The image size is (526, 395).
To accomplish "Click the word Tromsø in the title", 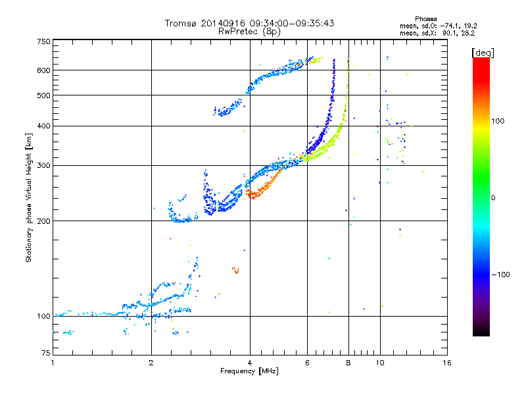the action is point(181,23).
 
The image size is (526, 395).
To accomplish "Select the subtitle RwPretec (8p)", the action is point(249,32).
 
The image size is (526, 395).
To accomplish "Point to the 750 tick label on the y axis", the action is point(44,41).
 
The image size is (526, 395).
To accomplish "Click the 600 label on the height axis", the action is point(44,70).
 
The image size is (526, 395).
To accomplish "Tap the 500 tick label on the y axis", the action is point(44,95).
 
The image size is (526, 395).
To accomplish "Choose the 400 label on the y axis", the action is point(44,126).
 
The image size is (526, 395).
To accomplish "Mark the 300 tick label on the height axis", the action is point(44,166).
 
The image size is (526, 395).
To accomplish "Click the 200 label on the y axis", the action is point(44,221).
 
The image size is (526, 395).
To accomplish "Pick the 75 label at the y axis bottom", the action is point(46,353).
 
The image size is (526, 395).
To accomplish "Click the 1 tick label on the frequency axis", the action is point(53,363).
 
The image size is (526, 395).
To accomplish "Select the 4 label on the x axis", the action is point(250,363).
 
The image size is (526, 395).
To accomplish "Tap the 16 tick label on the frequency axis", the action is point(447,363).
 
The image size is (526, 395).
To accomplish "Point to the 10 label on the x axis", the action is point(380,363).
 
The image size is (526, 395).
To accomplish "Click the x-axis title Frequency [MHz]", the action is point(249,371).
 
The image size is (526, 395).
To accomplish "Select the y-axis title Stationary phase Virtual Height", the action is point(29,209).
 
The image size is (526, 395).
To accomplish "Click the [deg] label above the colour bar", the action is point(483,53).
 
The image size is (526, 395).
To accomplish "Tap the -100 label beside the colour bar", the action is point(500,275).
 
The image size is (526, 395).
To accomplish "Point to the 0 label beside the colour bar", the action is point(493,198).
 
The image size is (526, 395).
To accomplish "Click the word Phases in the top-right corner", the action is point(426,19).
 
